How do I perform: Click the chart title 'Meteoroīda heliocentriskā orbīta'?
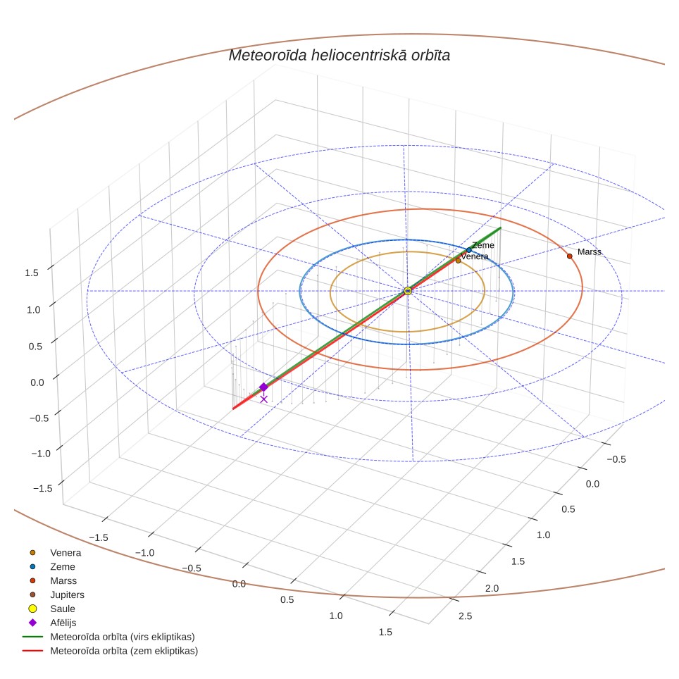(x=339, y=56)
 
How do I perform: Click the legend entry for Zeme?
(x=52, y=566)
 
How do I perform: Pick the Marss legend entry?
(x=53, y=580)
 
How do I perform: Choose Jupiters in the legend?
(x=57, y=594)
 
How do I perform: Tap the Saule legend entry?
(x=51, y=609)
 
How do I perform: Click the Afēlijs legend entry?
(x=52, y=623)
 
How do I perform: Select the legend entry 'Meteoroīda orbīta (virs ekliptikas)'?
(x=108, y=637)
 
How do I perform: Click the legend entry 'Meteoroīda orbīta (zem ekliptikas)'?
(x=111, y=651)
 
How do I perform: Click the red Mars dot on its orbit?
(x=569, y=256)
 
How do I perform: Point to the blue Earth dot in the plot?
(x=468, y=250)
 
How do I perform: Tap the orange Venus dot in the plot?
(x=458, y=261)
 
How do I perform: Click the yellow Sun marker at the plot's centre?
(x=408, y=291)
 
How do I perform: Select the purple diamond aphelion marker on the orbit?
(x=263, y=387)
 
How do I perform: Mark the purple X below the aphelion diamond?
(x=263, y=399)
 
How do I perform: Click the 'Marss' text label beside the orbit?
(x=590, y=252)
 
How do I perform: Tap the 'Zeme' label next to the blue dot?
(x=483, y=245)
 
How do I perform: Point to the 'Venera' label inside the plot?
(x=475, y=256)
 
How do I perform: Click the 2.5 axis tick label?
(x=465, y=616)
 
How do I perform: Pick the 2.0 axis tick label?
(x=492, y=589)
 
